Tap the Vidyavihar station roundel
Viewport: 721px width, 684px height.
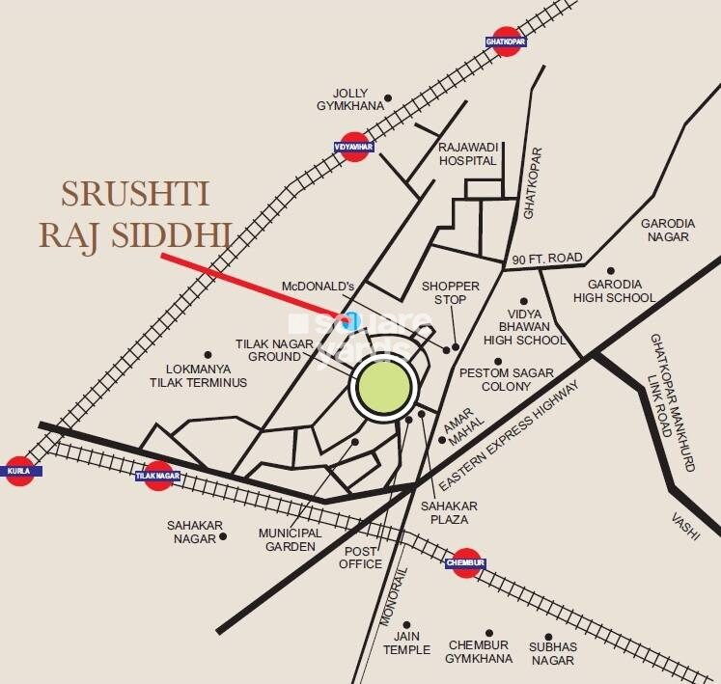[355, 147]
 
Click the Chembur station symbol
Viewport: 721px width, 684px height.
[465, 563]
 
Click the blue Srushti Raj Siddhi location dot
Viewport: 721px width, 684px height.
[352, 320]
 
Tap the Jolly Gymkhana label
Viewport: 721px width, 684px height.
[345, 99]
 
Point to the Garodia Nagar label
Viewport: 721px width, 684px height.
[666, 230]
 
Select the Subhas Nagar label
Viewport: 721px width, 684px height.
[552, 652]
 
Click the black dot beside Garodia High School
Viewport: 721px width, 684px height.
[609, 271]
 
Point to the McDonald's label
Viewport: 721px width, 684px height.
[319, 287]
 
